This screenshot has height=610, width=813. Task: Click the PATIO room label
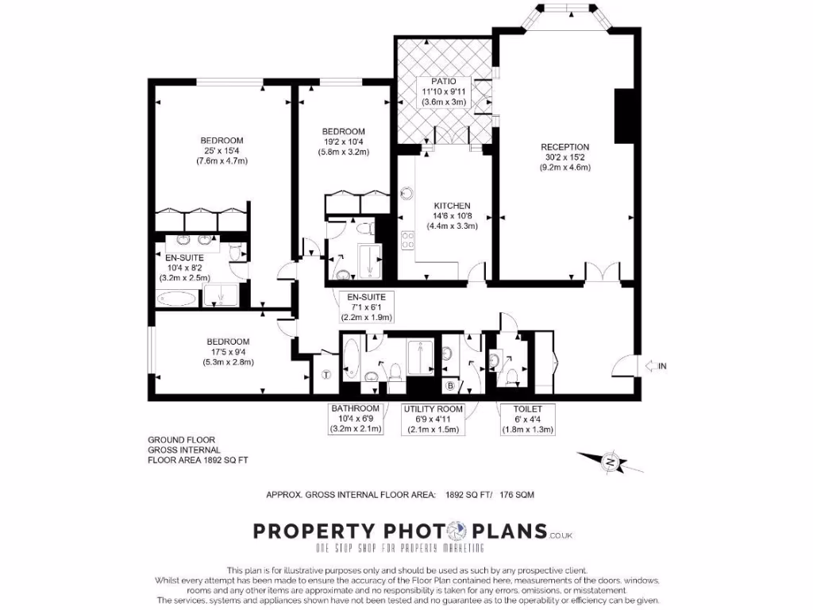point(444,82)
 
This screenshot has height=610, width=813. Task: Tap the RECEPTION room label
point(564,147)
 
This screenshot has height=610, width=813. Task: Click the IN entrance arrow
point(655,365)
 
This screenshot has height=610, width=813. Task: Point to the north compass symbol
point(609,461)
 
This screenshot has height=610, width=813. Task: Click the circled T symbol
point(325,376)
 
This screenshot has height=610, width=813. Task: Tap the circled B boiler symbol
point(450,386)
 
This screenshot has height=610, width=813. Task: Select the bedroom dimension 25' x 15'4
point(222,151)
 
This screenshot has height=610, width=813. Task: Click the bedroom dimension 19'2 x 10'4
point(343,141)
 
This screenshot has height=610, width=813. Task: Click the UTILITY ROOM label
point(433,409)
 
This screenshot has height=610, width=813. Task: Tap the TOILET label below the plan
point(526,409)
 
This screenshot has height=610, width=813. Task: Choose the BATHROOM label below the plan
point(356,409)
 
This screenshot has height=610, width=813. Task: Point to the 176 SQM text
point(517,495)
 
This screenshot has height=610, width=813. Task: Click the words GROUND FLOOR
point(181,440)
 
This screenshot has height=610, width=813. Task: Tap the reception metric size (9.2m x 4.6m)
point(564,168)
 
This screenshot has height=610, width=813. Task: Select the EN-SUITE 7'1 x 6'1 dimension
point(361,307)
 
